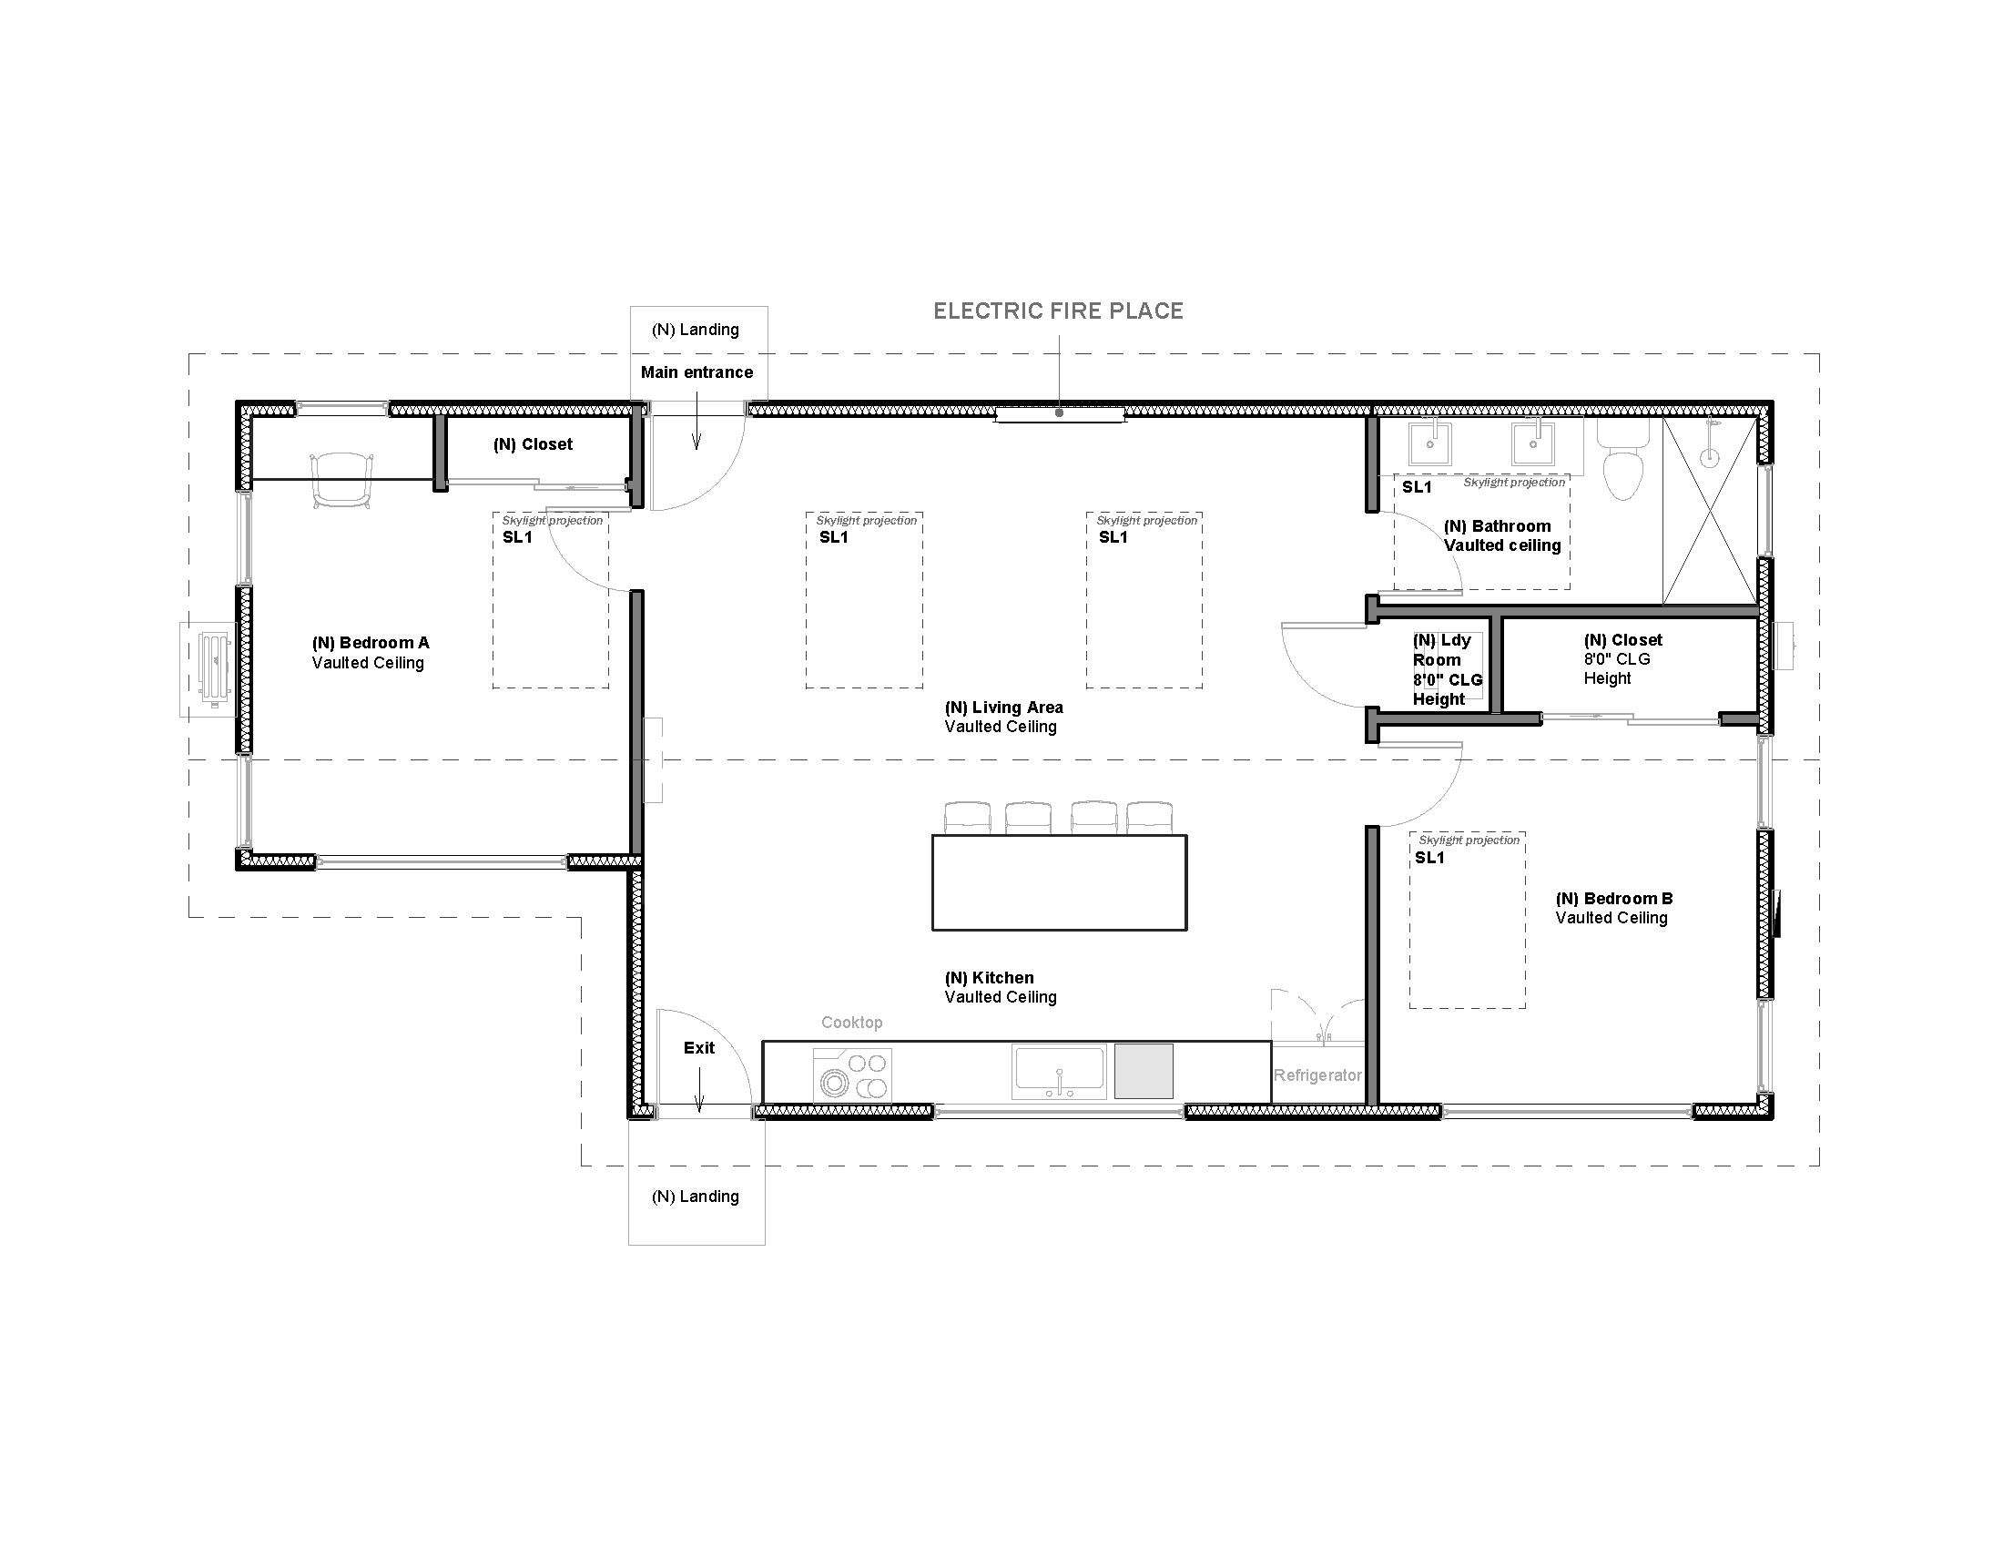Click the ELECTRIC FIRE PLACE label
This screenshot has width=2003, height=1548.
click(1058, 311)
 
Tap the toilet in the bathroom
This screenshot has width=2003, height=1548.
click(1622, 459)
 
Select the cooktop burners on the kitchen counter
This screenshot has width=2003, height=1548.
click(852, 1074)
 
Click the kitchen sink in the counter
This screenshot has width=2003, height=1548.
click(1059, 1071)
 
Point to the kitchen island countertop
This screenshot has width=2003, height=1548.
click(1059, 882)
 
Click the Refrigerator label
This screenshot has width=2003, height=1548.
click(1317, 1075)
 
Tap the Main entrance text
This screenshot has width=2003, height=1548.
click(697, 372)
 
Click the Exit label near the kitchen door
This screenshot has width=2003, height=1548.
click(699, 1047)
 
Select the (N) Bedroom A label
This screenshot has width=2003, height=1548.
click(371, 643)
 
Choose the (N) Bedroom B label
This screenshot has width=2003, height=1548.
click(1614, 899)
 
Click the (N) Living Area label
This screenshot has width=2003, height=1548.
click(1004, 707)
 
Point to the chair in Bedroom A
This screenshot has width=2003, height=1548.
click(342, 480)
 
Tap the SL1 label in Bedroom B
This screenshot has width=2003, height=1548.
click(1429, 858)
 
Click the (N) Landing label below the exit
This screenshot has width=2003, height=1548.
click(696, 1197)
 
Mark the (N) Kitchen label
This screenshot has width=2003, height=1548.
click(990, 978)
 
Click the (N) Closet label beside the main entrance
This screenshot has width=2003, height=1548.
click(533, 444)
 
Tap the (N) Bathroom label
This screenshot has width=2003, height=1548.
click(1498, 526)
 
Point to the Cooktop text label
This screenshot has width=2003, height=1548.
click(852, 1023)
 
